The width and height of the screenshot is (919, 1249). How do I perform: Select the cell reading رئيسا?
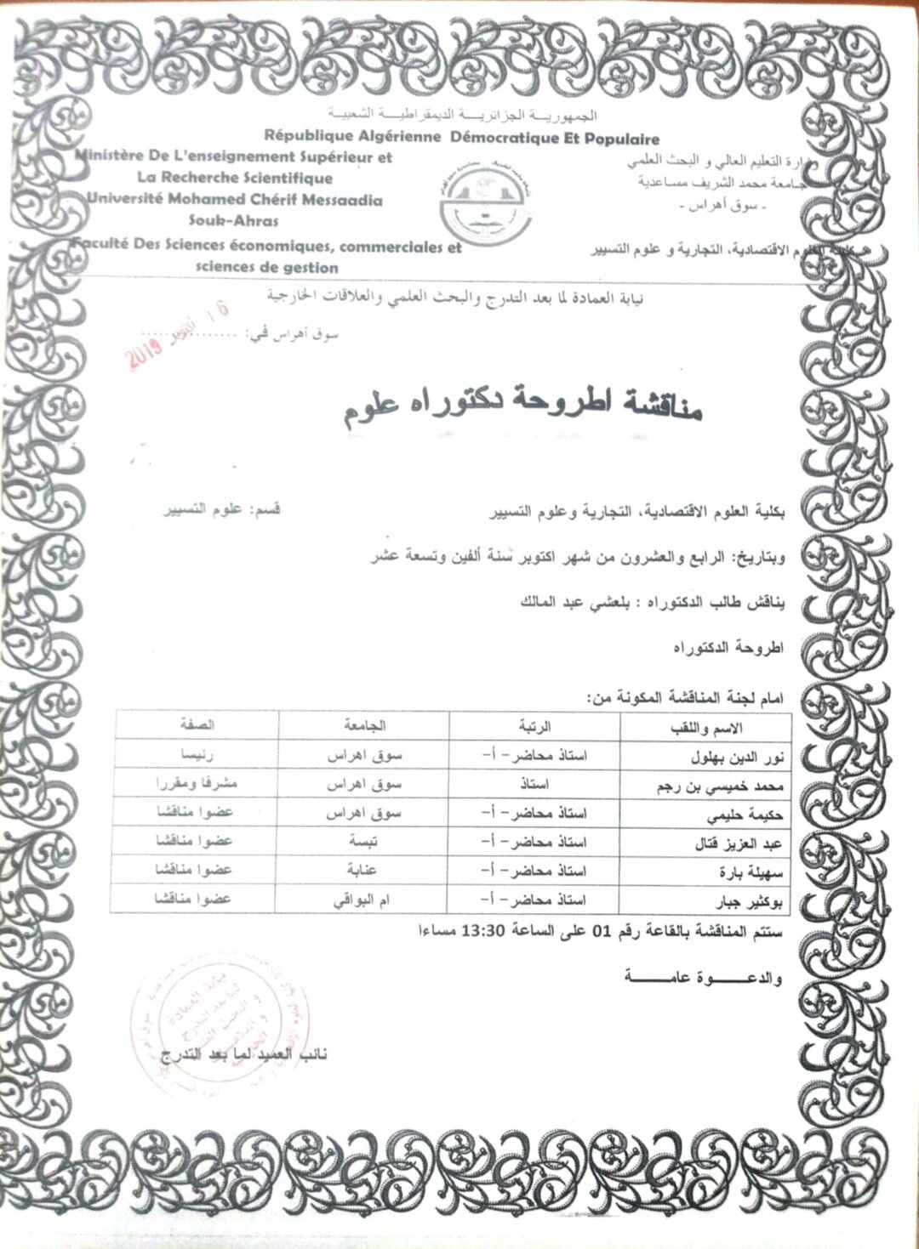[x=196, y=754]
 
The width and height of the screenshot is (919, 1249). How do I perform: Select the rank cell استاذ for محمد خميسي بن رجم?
[x=534, y=785]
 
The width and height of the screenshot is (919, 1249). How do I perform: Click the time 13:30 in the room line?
[x=483, y=929]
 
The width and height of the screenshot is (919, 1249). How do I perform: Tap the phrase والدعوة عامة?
[x=703, y=978]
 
